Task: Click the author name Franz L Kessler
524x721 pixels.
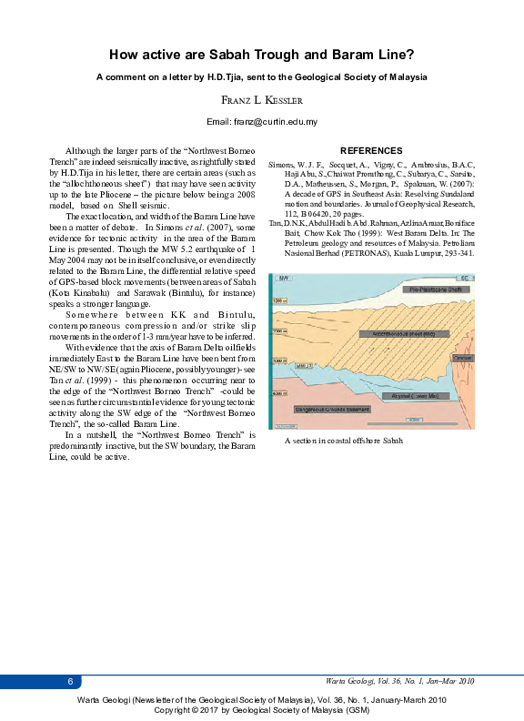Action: [261, 100]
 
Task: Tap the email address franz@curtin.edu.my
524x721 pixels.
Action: [262, 121]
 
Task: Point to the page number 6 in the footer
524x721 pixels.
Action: [70, 682]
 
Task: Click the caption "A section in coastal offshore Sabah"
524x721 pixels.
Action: [342, 441]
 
